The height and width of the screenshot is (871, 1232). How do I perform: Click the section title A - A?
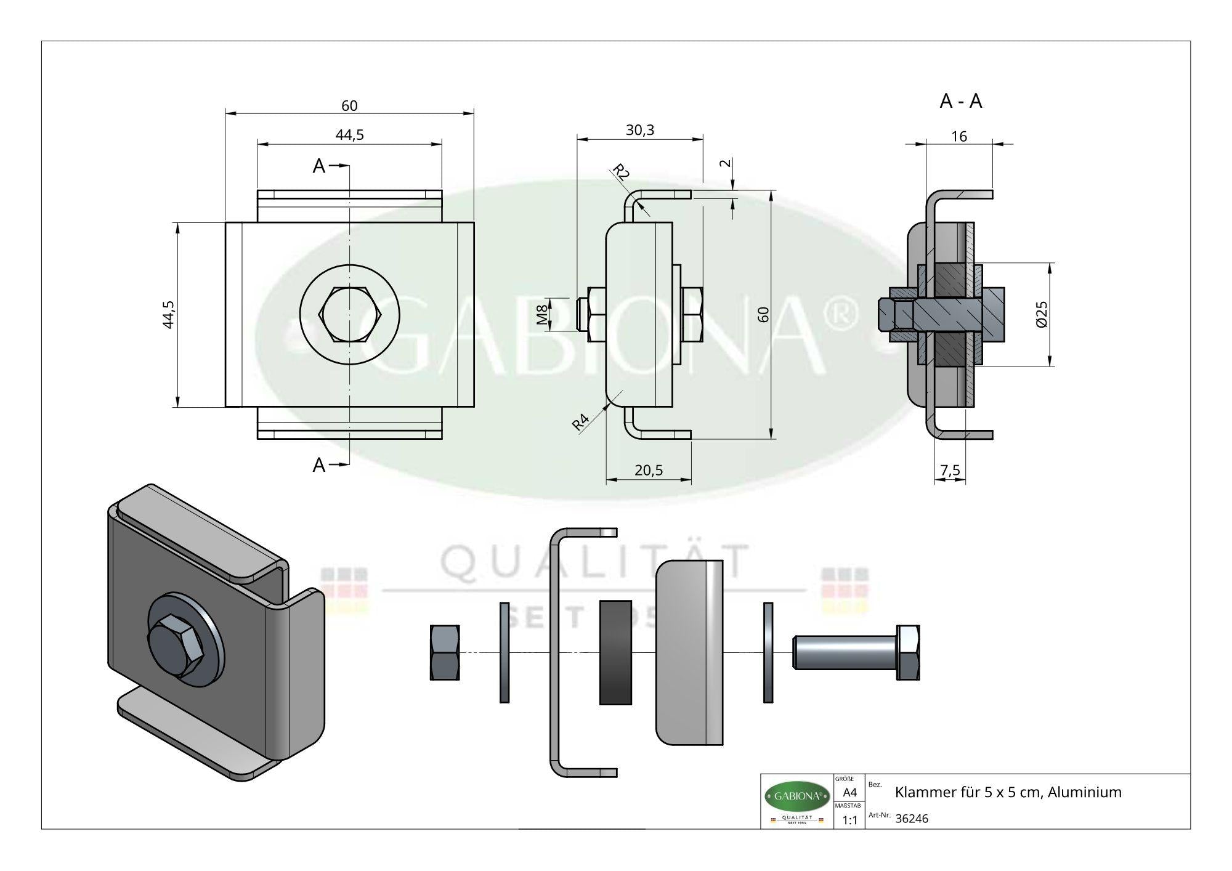point(960,102)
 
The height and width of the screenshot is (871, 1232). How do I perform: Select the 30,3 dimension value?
point(639,130)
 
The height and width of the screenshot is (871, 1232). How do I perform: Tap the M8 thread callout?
point(542,315)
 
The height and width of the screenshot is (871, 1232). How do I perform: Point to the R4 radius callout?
point(580,423)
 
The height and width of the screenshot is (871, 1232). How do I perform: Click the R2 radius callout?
point(621,172)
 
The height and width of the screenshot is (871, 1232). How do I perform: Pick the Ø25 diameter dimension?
point(1041,314)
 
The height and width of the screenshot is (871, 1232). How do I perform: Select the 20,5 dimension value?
point(648,471)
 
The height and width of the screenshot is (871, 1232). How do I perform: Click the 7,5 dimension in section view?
point(950,471)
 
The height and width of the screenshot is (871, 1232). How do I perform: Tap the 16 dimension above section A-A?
point(959,137)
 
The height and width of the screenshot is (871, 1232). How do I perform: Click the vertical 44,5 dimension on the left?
point(169,314)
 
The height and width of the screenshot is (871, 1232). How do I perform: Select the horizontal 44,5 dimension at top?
point(349,135)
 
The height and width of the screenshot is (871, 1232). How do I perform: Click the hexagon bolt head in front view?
point(349,314)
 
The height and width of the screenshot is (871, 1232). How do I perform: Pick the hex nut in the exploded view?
point(445,652)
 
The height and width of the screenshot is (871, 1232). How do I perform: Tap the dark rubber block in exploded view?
point(615,652)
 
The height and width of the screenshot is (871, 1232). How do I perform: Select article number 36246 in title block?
point(911,819)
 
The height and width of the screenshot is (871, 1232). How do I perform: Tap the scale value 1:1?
point(849,820)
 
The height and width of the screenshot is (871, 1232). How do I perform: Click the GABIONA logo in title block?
point(796,796)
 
